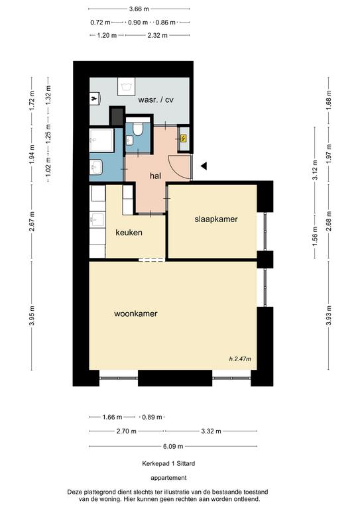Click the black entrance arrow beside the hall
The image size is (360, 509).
[x=205, y=166]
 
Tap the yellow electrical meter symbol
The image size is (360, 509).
[x=184, y=138]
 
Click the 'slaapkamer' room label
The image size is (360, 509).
[x=215, y=219]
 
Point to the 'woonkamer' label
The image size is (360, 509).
[x=135, y=313]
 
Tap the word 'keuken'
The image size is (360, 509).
[x=129, y=233]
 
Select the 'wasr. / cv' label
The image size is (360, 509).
[x=156, y=100]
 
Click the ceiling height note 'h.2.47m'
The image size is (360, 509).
[x=240, y=359]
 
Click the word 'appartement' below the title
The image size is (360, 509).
[x=168, y=477]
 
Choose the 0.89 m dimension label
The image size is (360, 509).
[x=151, y=418]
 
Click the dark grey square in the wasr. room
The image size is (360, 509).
[x=117, y=115]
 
